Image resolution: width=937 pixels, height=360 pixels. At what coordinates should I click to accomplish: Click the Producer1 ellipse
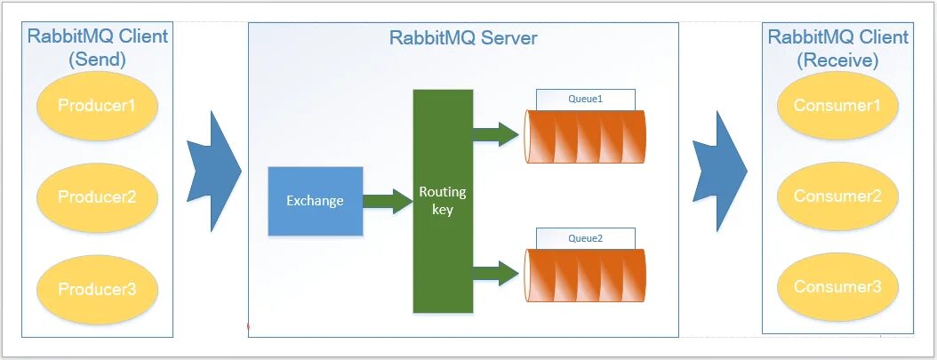[98, 106]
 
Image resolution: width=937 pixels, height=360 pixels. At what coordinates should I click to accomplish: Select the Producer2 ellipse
[98, 197]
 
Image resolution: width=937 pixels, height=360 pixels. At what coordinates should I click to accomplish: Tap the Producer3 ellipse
[98, 290]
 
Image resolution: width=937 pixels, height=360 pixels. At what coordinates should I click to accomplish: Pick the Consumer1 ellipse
[837, 106]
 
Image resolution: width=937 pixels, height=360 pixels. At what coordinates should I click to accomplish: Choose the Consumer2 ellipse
[837, 196]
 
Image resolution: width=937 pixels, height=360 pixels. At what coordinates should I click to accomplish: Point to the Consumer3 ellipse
[837, 287]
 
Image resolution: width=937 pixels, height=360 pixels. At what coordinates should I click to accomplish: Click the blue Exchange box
[316, 201]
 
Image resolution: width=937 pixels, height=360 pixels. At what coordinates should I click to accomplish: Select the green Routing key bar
[443, 201]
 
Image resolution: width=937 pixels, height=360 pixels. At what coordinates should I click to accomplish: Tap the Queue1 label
[585, 99]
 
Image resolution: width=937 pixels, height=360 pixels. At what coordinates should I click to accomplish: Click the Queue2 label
[585, 238]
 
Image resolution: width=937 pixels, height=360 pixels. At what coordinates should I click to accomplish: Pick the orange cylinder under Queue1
[585, 136]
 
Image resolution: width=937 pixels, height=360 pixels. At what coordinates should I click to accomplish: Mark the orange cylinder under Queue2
[585, 275]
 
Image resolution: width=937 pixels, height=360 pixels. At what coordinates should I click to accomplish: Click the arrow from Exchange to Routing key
[388, 201]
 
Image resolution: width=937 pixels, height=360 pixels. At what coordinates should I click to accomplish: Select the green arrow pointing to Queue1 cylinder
[496, 134]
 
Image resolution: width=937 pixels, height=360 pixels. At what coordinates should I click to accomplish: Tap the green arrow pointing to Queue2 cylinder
[496, 274]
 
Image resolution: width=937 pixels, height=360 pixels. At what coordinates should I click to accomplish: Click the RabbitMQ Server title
[463, 37]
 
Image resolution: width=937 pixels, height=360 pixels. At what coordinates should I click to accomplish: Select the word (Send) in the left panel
[98, 60]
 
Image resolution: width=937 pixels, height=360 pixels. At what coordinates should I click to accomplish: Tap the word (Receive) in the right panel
[837, 60]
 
